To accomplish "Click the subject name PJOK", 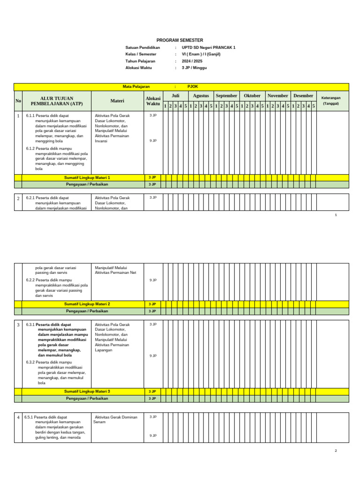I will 193,87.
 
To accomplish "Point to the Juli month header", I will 175,96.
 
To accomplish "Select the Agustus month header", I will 201,96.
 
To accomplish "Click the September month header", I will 226,96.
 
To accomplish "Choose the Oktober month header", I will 252,96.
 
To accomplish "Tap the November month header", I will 277,96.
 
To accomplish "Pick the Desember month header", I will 303,96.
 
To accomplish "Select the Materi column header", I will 117,101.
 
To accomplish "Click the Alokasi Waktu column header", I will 153,101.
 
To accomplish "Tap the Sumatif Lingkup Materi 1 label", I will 87,178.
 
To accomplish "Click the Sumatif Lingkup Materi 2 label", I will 87,304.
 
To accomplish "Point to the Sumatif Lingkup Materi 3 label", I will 87,391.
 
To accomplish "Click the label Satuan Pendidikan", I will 142,48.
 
